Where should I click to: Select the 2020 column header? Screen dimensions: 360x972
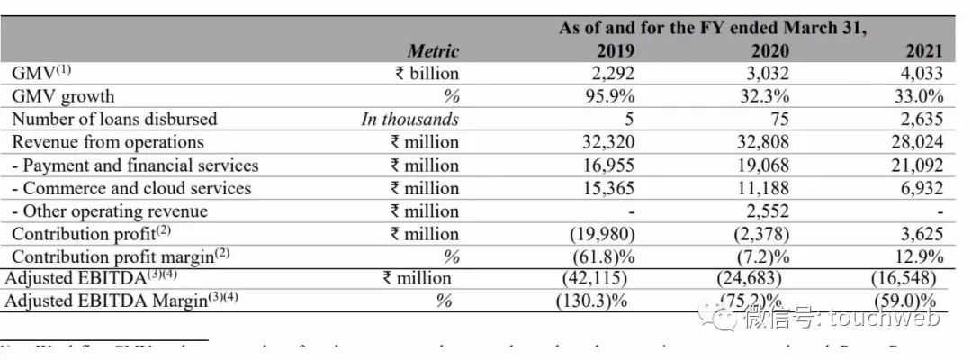point(768,51)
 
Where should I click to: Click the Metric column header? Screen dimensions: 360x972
point(433,51)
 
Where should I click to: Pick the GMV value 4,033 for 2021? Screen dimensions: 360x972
point(918,74)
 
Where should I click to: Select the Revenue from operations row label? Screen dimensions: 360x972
point(108,142)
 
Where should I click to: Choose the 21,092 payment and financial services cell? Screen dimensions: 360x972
point(915,166)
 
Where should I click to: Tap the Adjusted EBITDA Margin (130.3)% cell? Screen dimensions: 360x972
point(591,301)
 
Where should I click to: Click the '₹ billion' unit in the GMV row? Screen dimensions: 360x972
point(427,74)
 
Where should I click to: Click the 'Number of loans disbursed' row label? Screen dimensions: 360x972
point(114,119)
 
